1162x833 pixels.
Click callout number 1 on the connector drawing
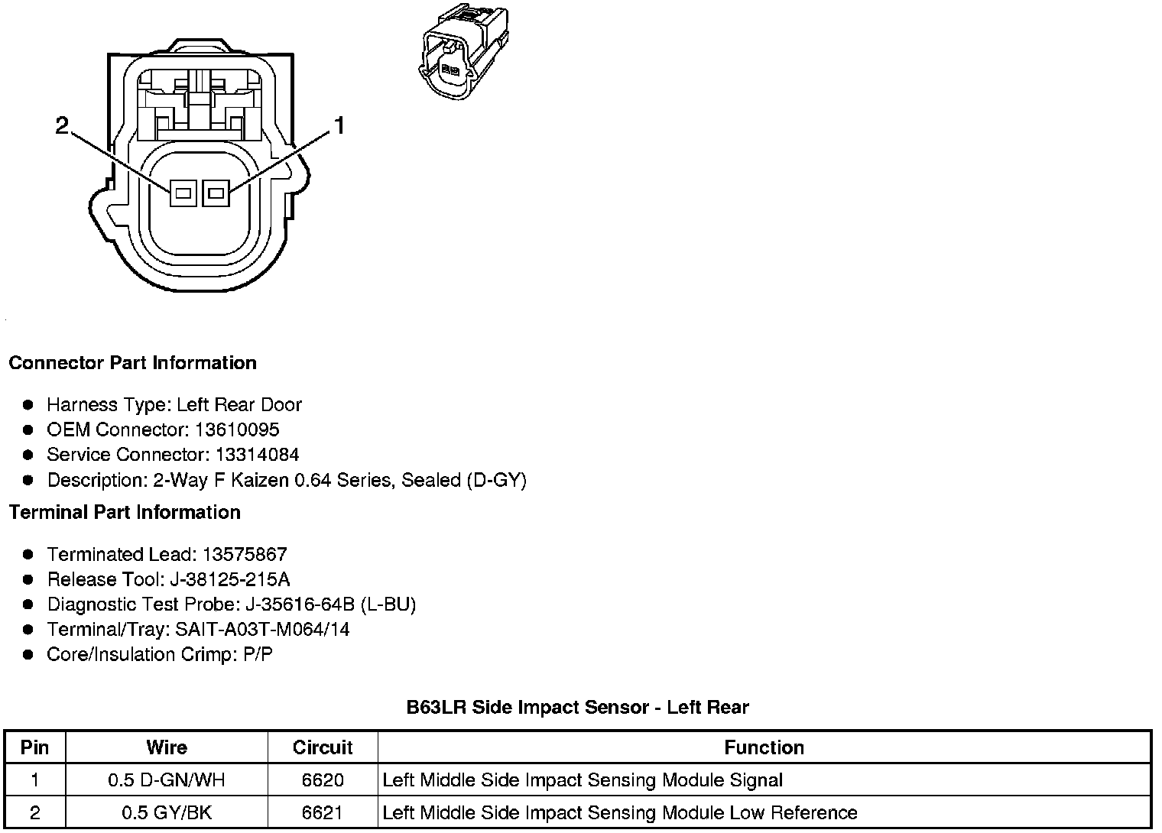point(339,125)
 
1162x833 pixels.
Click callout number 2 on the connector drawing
point(63,125)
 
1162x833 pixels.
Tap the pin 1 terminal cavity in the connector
point(216,193)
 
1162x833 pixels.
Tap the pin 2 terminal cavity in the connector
point(183,193)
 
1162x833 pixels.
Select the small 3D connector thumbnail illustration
point(463,52)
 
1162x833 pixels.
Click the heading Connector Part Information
point(132,363)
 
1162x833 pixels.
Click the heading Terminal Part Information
point(125,512)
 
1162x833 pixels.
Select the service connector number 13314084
point(257,455)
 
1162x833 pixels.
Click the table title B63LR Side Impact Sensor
point(577,707)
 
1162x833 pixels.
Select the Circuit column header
point(323,747)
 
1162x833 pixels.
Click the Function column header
point(764,747)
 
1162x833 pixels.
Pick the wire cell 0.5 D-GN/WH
point(167,780)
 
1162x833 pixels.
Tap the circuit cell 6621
point(323,812)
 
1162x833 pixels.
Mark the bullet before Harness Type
point(28,404)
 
